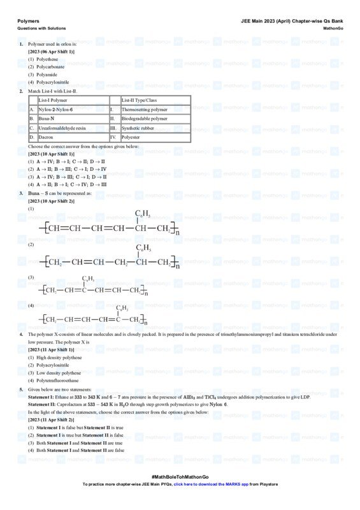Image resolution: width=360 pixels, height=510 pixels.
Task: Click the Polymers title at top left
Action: point(28,20)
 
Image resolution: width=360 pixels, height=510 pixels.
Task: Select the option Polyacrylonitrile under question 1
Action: point(52,82)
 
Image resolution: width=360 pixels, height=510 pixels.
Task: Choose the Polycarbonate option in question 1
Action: point(50,67)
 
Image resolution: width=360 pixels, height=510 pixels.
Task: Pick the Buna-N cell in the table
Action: point(48,119)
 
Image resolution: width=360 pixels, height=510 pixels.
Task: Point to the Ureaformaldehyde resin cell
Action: point(62,128)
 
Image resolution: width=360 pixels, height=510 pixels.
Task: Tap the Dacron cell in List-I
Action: point(47,137)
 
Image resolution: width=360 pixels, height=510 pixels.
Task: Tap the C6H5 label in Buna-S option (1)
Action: point(142,213)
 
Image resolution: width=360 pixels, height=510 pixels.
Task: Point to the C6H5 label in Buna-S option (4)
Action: point(122,308)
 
